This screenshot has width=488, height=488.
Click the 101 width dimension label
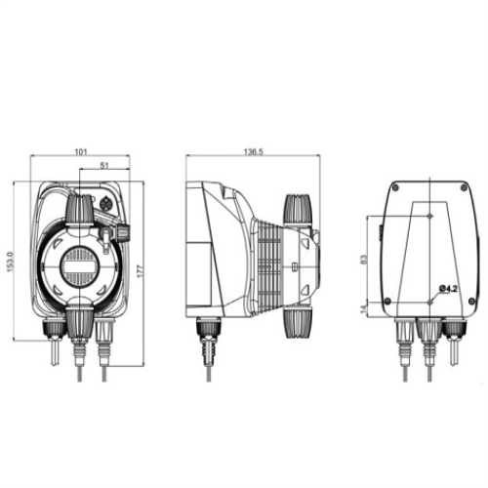[x=82, y=152]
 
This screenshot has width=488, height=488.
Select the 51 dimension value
[x=102, y=167]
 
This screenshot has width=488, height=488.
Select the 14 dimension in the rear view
[x=364, y=307]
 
